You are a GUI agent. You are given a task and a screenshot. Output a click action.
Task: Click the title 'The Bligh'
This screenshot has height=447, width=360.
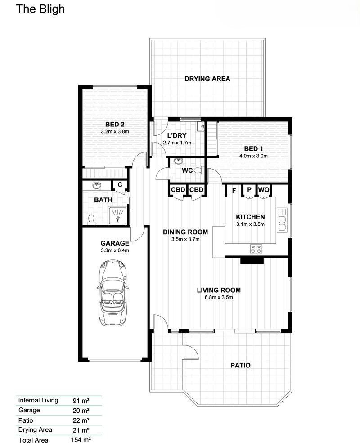[40, 9]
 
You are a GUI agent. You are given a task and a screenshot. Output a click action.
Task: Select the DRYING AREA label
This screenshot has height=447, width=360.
[207, 79]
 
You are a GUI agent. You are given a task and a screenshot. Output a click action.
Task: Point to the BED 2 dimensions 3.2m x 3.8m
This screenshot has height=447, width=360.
[115, 132]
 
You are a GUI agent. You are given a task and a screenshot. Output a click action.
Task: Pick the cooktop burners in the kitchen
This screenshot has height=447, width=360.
[256, 248]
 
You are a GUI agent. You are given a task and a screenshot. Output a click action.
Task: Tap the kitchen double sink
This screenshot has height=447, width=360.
[283, 220]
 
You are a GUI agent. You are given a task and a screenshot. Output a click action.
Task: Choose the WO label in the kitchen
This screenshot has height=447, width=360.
[263, 190]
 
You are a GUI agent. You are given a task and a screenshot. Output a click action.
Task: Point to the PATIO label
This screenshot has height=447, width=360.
[240, 365]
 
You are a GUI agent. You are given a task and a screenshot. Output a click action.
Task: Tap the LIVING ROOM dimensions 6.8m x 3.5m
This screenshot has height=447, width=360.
[219, 297]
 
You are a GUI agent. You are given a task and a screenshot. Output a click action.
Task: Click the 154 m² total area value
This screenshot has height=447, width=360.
[81, 440]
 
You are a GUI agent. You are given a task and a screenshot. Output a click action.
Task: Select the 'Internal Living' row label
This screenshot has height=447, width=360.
[38, 400]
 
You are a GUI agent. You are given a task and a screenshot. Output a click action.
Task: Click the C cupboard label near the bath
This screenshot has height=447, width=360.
[120, 184]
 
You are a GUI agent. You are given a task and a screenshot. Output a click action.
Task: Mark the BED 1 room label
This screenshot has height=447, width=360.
[253, 149]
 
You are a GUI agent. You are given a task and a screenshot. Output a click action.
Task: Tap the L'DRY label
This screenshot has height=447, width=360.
[177, 135]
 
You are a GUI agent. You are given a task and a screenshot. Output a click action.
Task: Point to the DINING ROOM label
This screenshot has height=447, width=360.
[185, 232]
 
